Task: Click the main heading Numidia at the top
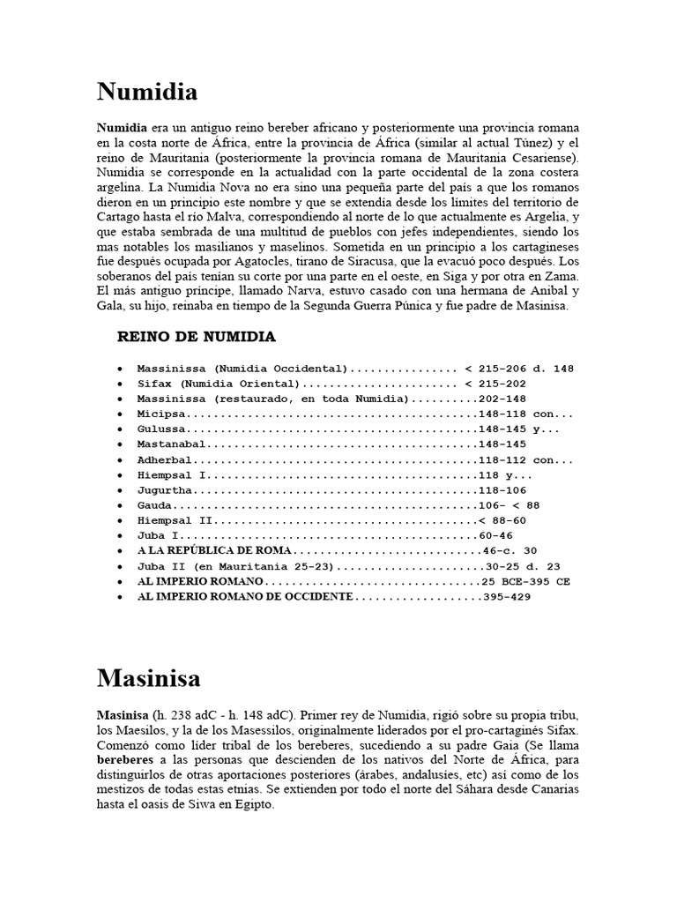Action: point(146,92)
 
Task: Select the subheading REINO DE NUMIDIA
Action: point(197,337)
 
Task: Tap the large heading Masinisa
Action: point(148,678)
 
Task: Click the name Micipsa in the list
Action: point(162,414)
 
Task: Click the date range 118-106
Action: point(501,489)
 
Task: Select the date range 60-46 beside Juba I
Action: point(495,535)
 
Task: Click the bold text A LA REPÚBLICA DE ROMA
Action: point(200,551)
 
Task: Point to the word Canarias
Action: point(551,790)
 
